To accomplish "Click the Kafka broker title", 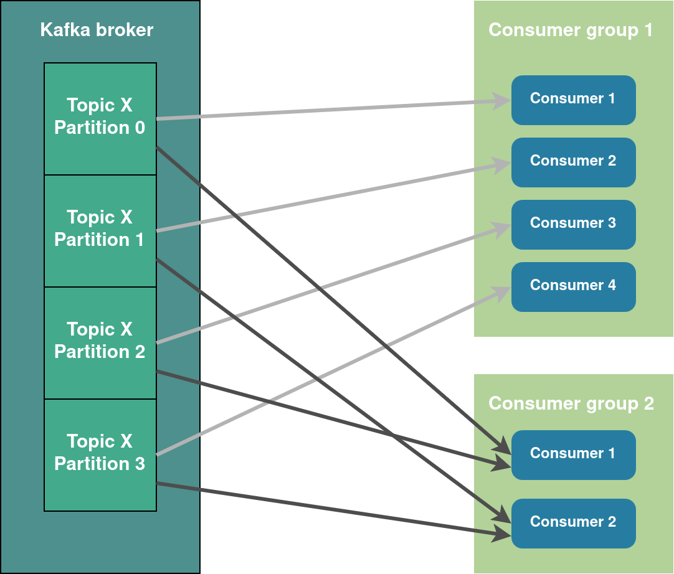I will tap(97, 30).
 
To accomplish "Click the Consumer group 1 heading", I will tap(570, 30).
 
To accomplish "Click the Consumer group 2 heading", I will tap(571, 403).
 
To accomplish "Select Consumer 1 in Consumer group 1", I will tap(573, 100).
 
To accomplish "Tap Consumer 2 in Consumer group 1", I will tap(573, 162).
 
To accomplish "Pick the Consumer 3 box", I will tap(573, 224).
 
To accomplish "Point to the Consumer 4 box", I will tap(573, 286).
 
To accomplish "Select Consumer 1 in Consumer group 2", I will tap(573, 454).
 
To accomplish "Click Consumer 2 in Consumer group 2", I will tap(573, 523).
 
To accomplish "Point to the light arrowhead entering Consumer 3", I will tap(502, 229).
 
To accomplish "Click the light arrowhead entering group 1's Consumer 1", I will tap(502, 100).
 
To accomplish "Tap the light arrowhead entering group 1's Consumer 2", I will tap(502, 164).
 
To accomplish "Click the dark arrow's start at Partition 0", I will tap(158, 148).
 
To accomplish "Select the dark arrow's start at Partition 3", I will tap(158, 483).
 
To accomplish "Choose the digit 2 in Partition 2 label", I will tap(140, 352).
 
